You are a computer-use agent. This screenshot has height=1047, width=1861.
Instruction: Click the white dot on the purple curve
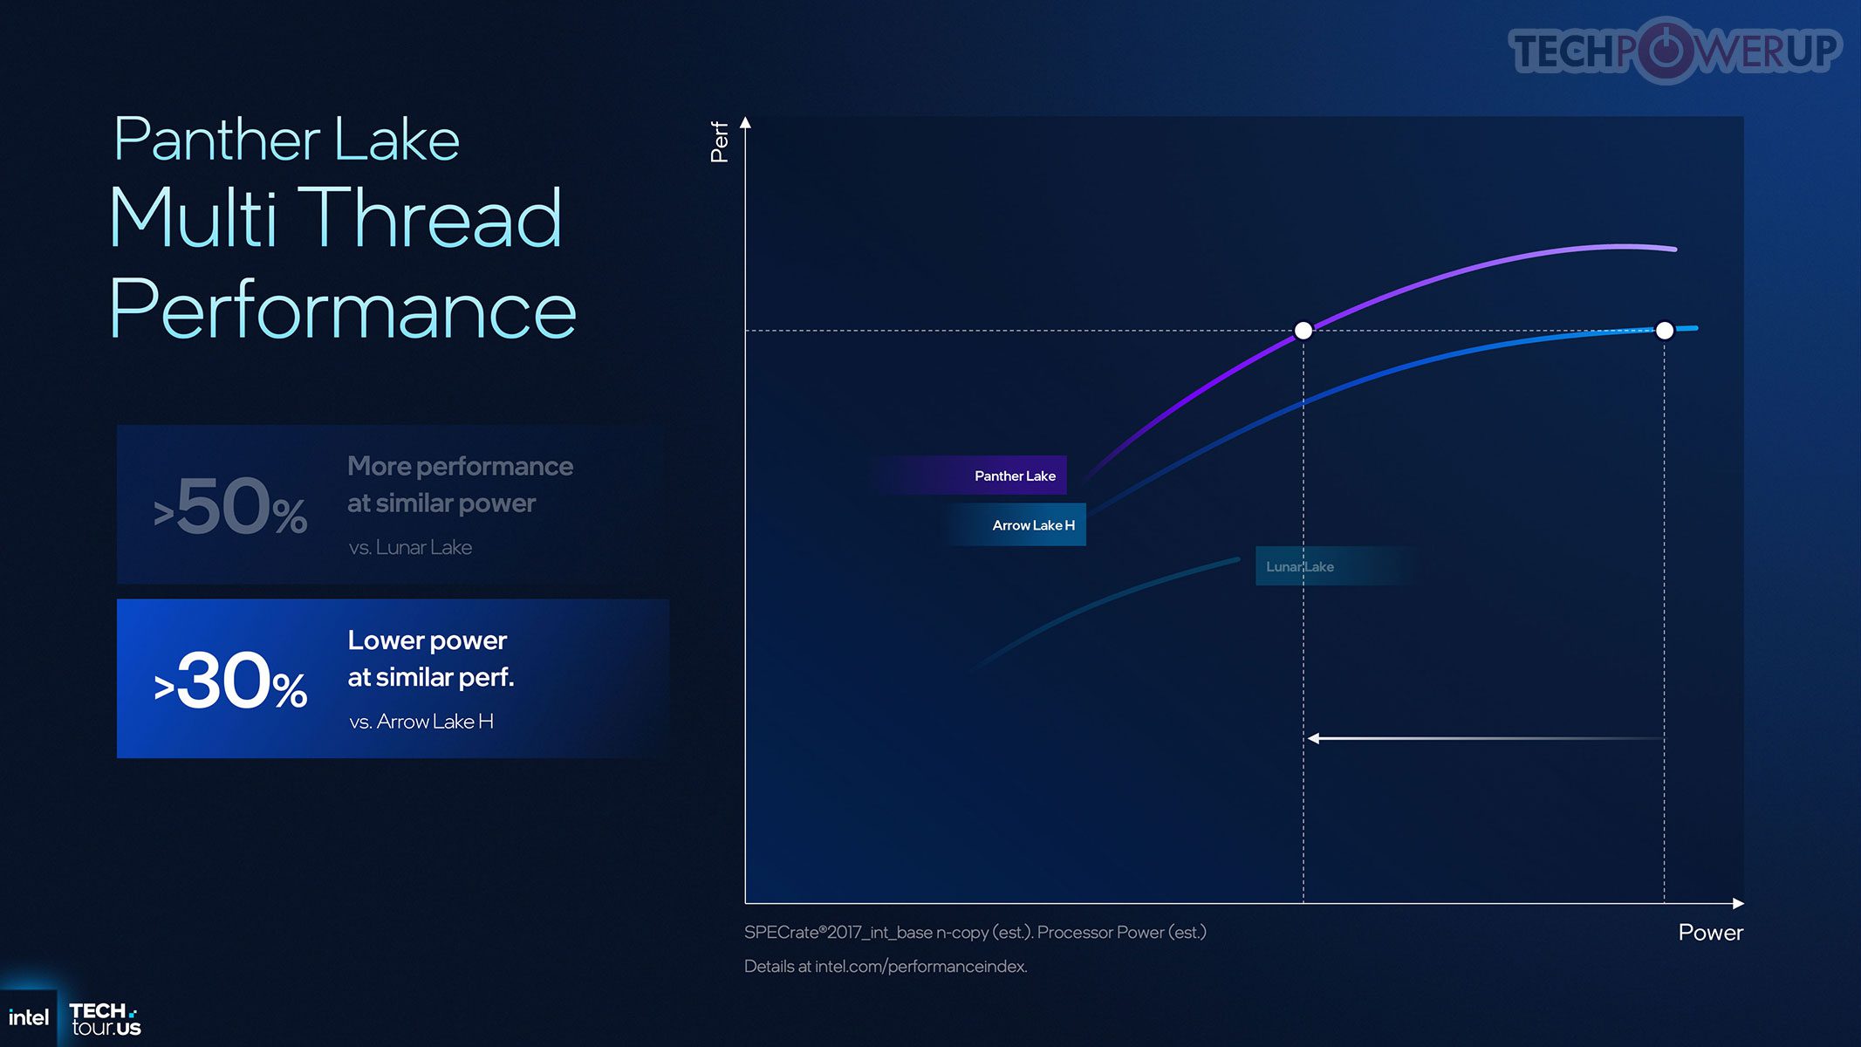(1303, 330)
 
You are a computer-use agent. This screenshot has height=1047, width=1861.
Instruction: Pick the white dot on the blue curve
(1665, 330)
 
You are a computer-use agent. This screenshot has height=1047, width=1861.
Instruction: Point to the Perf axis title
(719, 142)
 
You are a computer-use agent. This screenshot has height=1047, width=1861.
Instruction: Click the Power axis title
(1710, 933)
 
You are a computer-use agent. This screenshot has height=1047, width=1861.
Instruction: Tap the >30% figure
(230, 681)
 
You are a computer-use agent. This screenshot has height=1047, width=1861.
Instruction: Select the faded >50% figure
(230, 507)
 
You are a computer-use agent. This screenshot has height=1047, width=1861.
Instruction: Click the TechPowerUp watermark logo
(1675, 50)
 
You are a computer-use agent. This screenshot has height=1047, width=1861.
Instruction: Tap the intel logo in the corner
(29, 1017)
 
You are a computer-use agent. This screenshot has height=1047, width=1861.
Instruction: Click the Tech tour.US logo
(105, 1019)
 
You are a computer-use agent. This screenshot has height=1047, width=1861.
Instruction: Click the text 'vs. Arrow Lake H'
(421, 722)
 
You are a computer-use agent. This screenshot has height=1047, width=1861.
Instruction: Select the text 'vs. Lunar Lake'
(410, 547)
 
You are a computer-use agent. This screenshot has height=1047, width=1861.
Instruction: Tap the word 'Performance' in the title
(343, 309)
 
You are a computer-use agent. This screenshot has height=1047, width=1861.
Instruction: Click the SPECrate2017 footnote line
(975, 933)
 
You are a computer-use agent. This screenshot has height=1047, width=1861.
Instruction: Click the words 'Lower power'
(428, 640)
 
